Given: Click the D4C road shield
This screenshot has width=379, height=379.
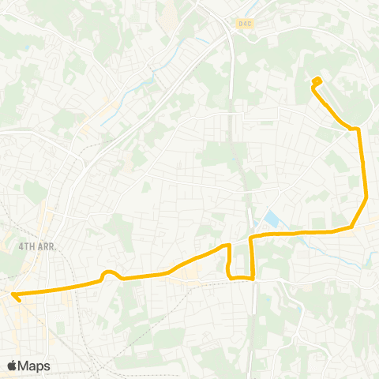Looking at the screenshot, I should click(x=245, y=24).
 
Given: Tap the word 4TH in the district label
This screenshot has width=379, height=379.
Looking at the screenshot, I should click(x=25, y=246).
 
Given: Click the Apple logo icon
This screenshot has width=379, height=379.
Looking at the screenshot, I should click(x=13, y=366).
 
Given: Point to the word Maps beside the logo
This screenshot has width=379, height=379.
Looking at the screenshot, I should click(x=34, y=366).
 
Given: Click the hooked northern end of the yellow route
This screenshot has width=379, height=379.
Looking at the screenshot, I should click(x=317, y=80).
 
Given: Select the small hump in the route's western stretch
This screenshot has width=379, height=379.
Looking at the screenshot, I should click(x=111, y=274).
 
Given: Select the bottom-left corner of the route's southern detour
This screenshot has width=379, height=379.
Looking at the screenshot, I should click(x=230, y=276).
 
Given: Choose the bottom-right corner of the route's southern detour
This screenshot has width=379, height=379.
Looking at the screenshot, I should click(x=253, y=278).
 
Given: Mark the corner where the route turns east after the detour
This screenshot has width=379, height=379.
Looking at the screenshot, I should click(x=253, y=236).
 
